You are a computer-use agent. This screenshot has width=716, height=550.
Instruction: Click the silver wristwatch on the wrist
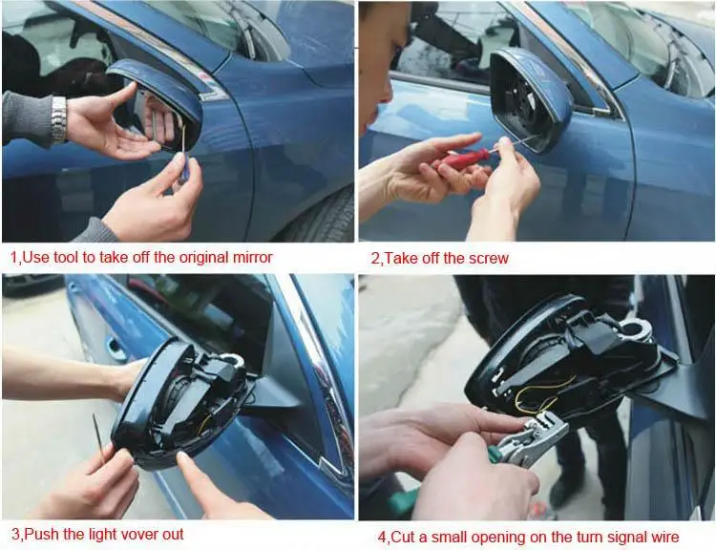(59, 119)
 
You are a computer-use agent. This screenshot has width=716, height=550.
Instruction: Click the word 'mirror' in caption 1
(250, 257)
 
